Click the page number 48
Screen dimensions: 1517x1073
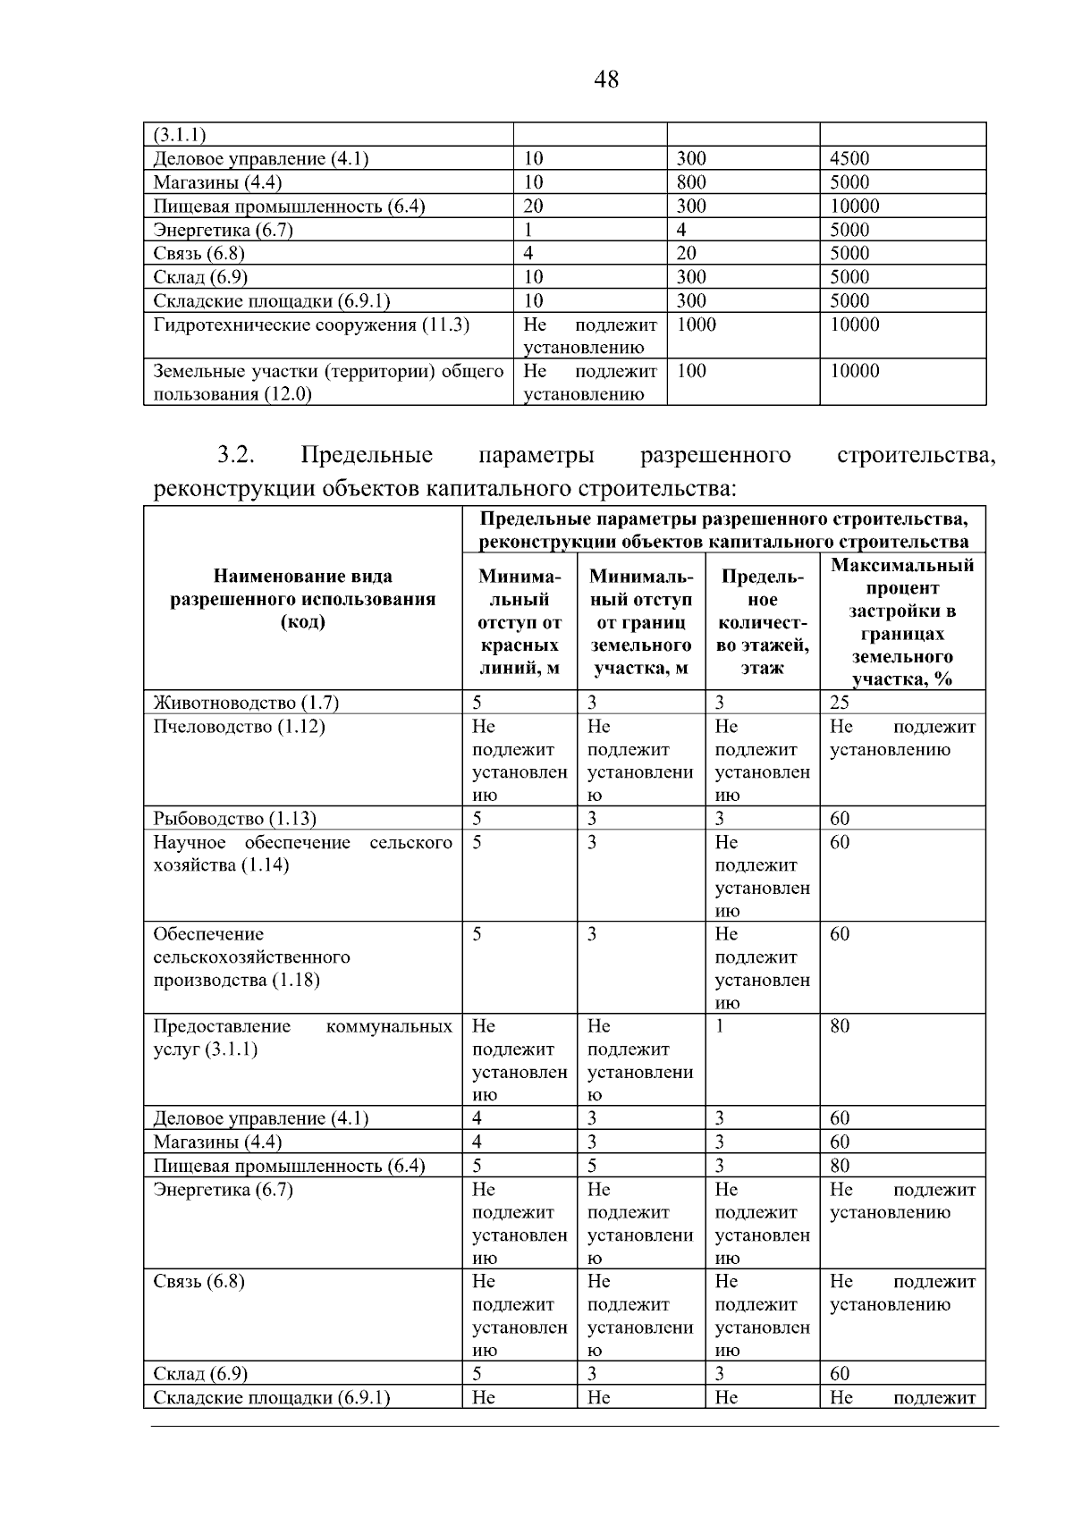coord(605,80)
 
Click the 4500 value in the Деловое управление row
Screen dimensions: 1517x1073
coord(849,159)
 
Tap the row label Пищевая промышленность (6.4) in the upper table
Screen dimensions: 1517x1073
coord(289,206)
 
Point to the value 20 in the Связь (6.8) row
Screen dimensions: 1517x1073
coord(687,253)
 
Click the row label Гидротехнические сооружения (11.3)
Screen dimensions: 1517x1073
coord(311,324)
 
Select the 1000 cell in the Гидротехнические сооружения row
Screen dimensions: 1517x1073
coord(697,324)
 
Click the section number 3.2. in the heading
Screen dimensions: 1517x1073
coord(236,455)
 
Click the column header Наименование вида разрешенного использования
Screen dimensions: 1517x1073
coord(303,599)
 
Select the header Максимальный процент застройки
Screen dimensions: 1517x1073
coord(902,622)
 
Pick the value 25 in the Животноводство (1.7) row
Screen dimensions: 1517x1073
coord(840,703)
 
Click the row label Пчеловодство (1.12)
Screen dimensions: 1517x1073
coord(239,727)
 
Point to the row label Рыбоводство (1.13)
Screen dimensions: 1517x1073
coord(234,819)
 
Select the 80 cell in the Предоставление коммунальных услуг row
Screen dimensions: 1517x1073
coord(840,1026)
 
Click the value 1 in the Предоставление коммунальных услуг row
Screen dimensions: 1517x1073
coord(720,1026)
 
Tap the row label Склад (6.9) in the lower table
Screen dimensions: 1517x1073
coord(200,1374)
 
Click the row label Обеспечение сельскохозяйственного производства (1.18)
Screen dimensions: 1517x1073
coord(251,957)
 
